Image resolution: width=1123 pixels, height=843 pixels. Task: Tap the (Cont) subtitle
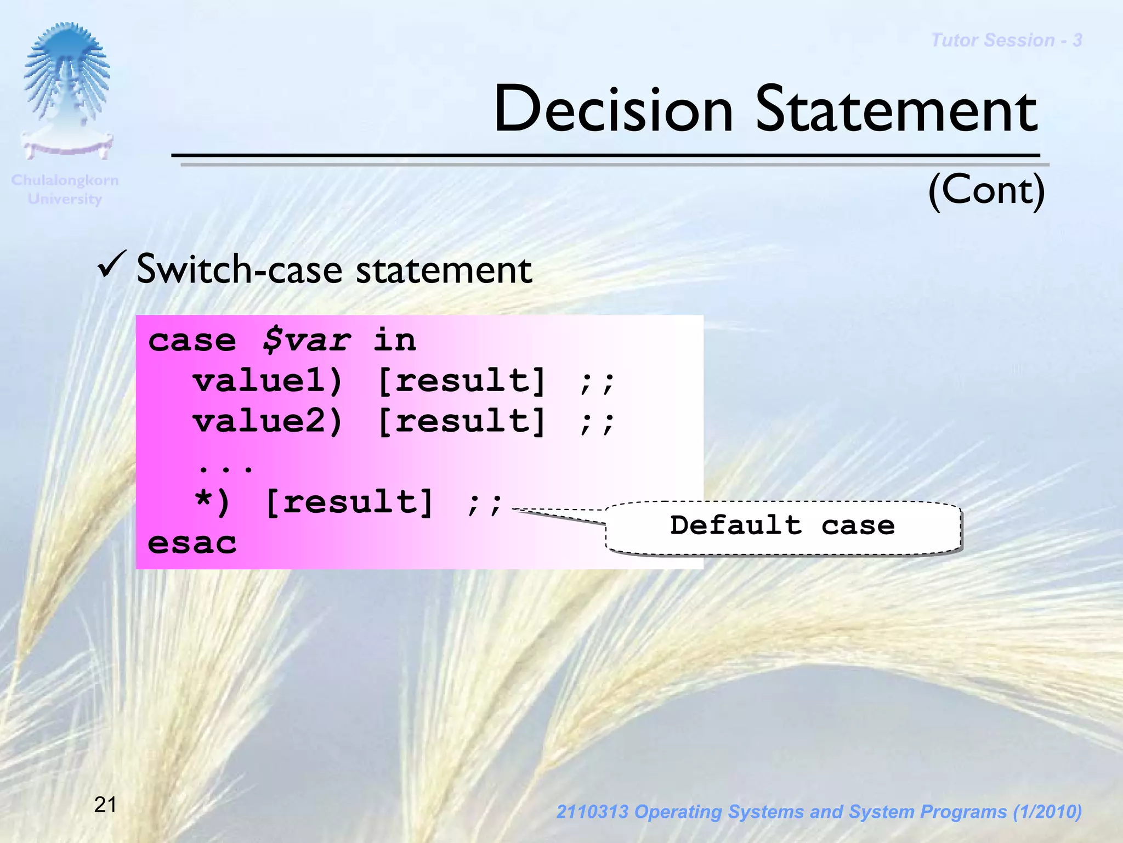(x=986, y=190)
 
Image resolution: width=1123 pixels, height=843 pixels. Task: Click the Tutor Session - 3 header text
(x=1006, y=40)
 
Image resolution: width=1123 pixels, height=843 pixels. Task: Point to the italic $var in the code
(x=305, y=341)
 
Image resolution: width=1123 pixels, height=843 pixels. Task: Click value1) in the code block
(x=268, y=381)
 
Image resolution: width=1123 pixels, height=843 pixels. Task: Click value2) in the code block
(x=268, y=421)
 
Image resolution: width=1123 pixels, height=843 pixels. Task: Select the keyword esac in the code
(x=192, y=543)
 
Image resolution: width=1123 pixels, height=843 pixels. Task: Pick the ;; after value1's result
(x=597, y=382)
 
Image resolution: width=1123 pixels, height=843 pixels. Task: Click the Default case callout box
(x=782, y=526)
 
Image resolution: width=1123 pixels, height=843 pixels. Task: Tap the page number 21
(x=105, y=805)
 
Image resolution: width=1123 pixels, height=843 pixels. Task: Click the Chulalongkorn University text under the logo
(x=65, y=189)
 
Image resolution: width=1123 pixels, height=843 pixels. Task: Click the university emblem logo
(x=67, y=90)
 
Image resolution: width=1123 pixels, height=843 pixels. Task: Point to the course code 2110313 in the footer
(x=592, y=812)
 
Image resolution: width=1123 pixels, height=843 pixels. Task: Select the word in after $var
(x=394, y=340)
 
